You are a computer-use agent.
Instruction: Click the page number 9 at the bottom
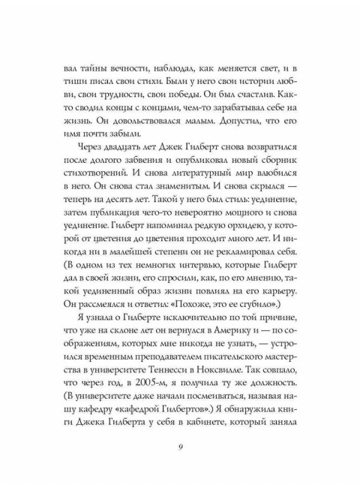tap(181, 449)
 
